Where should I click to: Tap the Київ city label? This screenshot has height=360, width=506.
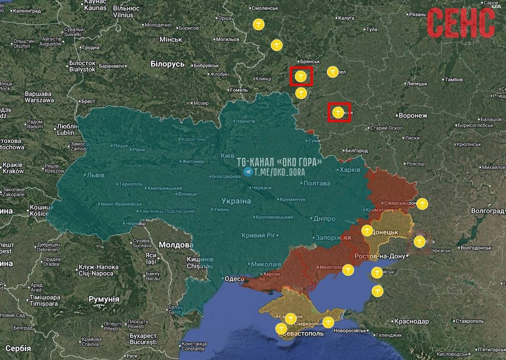pyautogui.click(x=227, y=155)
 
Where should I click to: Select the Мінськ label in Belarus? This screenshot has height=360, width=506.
pyautogui.click(x=170, y=40)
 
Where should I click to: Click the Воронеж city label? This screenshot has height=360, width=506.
pyautogui.click(x=412, y=116)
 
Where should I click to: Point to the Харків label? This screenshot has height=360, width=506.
pyautogui.click(x=350, y=170)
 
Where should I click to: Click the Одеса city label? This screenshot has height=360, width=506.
pyautogui.click(x=234, y=279)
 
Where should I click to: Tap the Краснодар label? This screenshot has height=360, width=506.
pyautogui.click(x=411, y=322)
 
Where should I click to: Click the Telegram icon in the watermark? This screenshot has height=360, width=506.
pyautogui.click(x=248, y=172)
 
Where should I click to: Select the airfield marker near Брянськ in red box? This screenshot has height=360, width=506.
pyautogui.click(x=301, y=76)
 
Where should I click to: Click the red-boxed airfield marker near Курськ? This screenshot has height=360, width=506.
pyautogui.click(x=338, y=113)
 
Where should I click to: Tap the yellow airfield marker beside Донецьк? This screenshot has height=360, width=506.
pyautogui.click(x=367, y=231)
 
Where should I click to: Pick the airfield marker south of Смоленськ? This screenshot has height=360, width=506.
pyautogui.click(x=259, y=24)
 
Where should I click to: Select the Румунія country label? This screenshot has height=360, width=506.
pyautogui.click(x=104, y=299)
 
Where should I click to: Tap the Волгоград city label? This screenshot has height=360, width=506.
pyautogui.click(x=487, y=211)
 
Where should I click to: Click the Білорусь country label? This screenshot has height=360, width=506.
pyautogui.click(x=167, y=64)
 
